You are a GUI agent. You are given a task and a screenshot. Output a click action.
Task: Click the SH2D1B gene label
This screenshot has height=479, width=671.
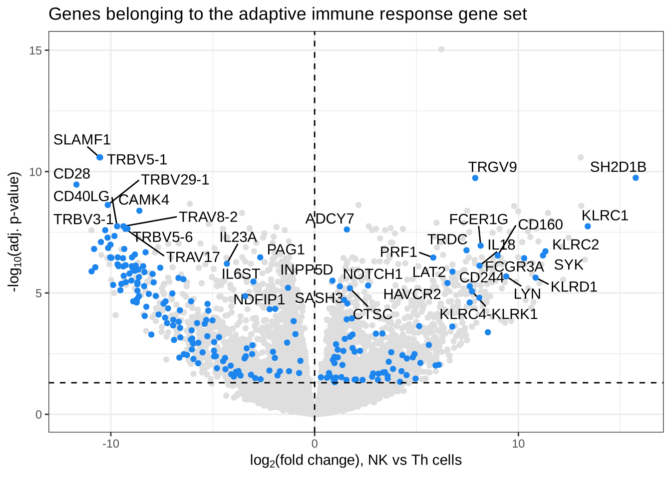(618, 167)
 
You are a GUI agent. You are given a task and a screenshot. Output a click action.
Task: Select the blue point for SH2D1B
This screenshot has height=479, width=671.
(636, 178)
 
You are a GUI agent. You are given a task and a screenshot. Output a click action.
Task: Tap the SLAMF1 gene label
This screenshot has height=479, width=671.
(82, 140)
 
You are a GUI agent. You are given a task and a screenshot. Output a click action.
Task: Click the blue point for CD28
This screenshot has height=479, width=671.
(76, 185)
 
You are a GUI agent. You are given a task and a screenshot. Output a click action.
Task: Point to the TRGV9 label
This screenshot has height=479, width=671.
(492, 167)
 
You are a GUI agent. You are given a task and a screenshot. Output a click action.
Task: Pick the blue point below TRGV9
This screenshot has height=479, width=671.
(475, 178)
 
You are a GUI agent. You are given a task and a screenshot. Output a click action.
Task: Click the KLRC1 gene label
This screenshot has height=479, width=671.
(605, 216)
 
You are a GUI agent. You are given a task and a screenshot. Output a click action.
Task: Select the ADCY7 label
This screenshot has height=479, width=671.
(330, 219)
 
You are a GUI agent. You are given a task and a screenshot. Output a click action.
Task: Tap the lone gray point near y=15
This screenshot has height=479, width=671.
(441, 49)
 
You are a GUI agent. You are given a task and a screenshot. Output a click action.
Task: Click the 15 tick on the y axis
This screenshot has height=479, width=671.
(36, 50)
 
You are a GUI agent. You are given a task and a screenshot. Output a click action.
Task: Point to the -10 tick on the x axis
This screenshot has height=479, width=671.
(110, 444)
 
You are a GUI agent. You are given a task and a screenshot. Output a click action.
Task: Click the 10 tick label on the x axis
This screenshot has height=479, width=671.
(518, 444)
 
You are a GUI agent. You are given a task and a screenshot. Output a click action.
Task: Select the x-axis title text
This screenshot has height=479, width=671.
(355, 460)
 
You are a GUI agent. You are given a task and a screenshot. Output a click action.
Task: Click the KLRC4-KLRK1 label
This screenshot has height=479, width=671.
(488, 314)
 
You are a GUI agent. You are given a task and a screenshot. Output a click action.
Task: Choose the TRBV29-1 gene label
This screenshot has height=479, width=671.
(175, 180)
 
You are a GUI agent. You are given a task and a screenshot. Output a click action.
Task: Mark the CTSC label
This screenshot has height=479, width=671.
(372, 314)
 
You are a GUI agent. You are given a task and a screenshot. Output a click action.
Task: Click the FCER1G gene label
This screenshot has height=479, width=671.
(478, 220)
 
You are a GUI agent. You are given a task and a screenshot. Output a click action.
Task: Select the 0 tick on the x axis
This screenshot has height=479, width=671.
(315, 444)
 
